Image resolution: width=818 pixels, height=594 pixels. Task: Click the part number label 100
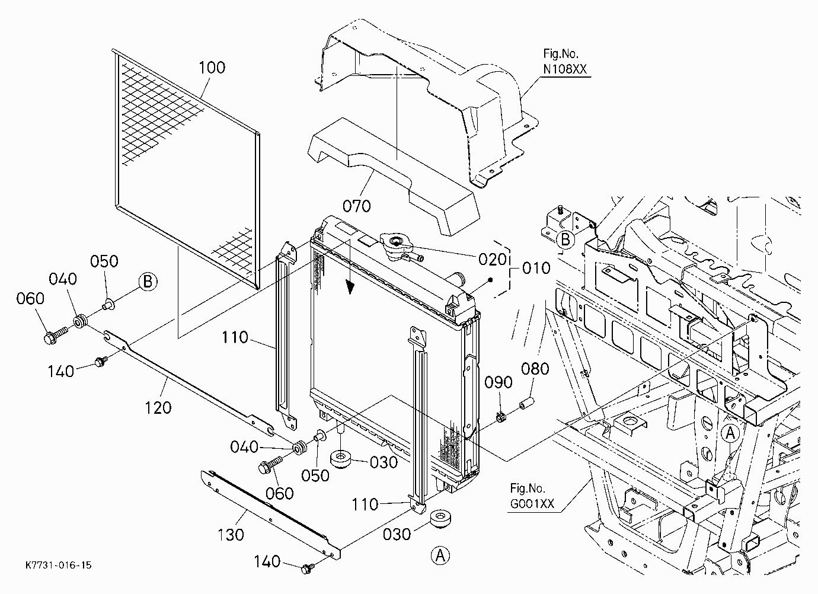212,68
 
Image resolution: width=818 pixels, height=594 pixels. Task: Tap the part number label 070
356,206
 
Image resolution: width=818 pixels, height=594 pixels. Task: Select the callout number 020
492,260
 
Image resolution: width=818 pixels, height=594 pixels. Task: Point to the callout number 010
536,268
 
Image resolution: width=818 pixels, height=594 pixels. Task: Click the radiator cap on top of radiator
396,246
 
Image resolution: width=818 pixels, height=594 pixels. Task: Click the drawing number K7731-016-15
59,565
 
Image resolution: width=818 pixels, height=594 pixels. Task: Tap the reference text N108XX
565,69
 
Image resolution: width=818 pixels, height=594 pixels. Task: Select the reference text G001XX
532,504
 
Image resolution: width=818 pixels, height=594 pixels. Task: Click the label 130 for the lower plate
231,535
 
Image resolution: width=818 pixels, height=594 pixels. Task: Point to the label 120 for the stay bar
158,408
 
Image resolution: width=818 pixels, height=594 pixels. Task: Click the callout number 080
535,369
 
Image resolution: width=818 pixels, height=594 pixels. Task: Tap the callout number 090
498,382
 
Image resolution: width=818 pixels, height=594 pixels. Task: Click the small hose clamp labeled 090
501,417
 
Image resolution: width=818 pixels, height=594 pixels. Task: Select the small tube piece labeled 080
527,404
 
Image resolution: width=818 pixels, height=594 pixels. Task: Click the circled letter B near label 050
148,282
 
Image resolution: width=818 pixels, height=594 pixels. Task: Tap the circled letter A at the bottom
440,555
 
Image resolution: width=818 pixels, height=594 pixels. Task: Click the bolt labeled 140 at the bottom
308,569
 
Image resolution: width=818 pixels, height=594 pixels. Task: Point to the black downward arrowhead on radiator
350,288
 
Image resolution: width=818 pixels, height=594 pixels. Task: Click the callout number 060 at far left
30,298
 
